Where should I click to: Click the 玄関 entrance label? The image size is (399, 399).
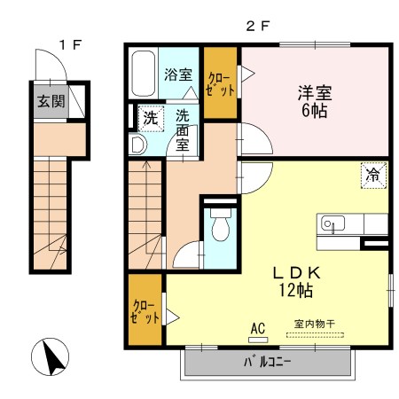tap(51, 102)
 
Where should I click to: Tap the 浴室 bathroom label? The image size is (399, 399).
tap(178, 74)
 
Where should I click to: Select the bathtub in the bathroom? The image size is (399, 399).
tap(143, 74)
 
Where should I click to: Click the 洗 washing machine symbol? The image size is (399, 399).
tap(151, 119)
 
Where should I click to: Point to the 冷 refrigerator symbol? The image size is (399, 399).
tap(373, 176)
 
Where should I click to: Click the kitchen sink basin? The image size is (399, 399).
tap(332, 223)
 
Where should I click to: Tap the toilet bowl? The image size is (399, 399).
tap(221, 225)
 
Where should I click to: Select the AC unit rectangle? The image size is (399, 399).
tap(258, 340)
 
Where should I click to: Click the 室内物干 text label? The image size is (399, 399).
tap(315, 324)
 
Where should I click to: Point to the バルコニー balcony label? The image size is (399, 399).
tap(268, 362)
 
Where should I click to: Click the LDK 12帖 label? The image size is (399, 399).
tap(296, 282)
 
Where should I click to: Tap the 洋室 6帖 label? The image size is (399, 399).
tap(315, 102)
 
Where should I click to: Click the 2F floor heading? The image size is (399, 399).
tap(258, 27)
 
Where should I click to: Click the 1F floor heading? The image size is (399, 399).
tap(70, 45)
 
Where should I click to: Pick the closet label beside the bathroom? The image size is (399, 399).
tap(221, 85)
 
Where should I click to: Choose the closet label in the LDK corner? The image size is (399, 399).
tap(145, 312)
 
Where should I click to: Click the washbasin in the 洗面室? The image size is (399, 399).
tap(137, 145)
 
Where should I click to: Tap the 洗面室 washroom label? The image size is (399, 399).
tap(183, 130)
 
